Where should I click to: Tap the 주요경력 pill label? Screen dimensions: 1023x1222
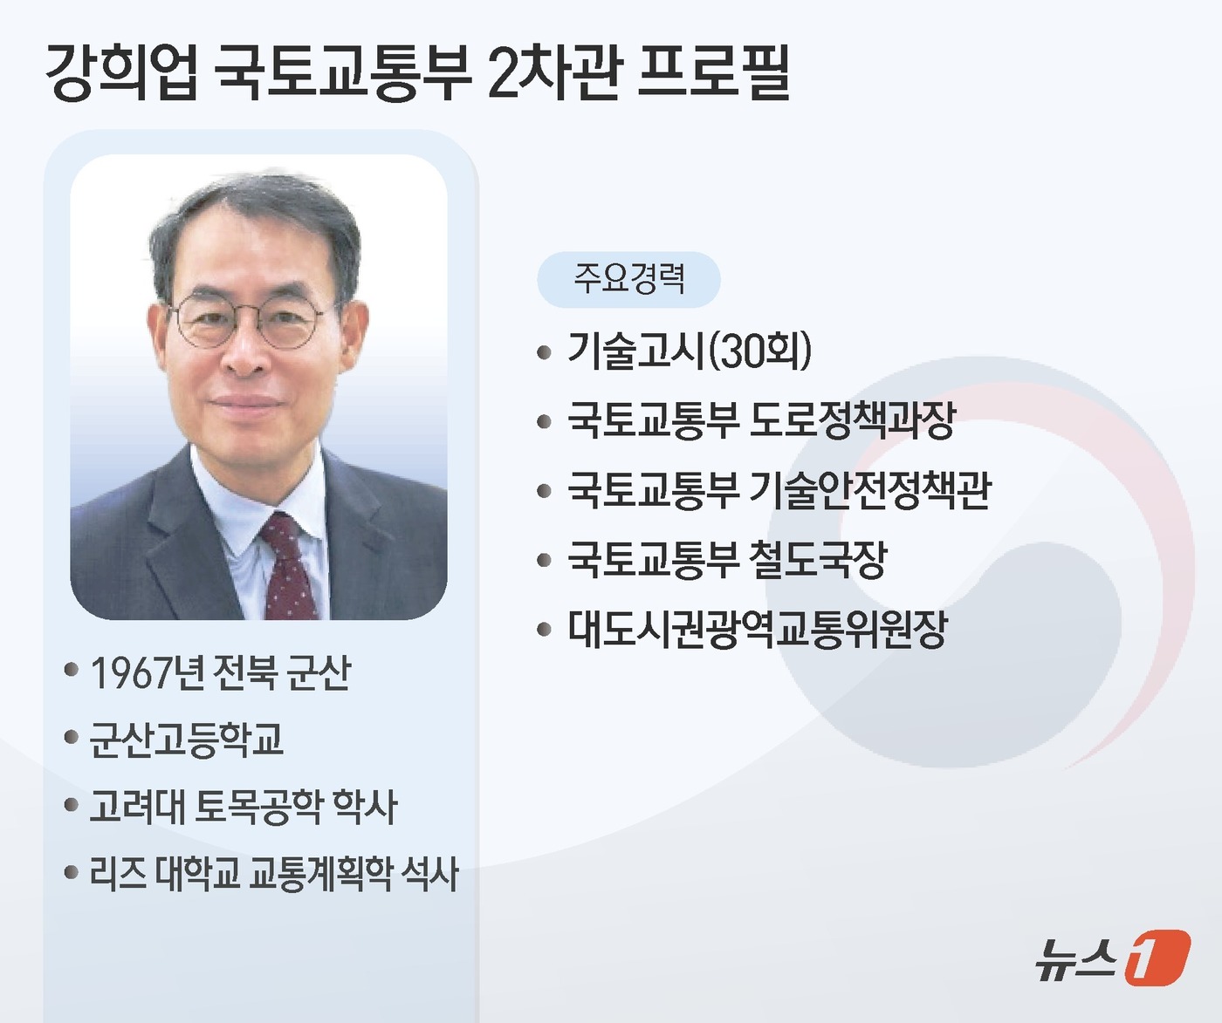[x=628, y=279]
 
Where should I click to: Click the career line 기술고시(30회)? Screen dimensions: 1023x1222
[x=690, y=351]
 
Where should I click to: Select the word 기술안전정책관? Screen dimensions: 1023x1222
[x=870, y=490]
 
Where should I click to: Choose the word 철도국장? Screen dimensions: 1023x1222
[x=818, y=559]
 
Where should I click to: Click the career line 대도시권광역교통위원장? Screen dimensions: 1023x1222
[x=757, y=629]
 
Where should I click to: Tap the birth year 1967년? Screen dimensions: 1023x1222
[x=147, y=672]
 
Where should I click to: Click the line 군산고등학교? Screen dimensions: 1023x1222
[x=186, y=739]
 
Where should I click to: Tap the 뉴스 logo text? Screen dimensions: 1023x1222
[x=1075, y=958]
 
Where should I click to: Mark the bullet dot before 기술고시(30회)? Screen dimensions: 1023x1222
[x=545, y=352]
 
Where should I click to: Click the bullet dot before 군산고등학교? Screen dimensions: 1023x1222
[x=72, y=739]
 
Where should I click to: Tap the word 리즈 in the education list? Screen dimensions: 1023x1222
[x=118, y=873]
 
